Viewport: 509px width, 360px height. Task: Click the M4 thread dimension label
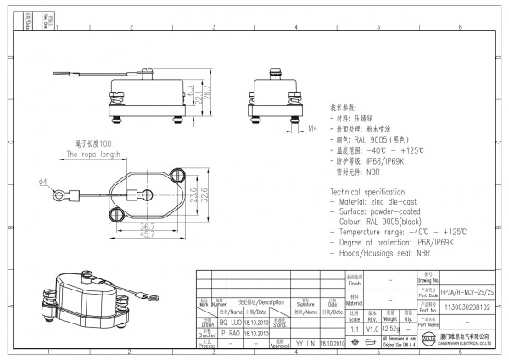[x=288, y=128]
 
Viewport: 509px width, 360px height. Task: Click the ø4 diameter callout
[x=42, y=182]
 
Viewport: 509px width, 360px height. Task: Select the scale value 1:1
[x=352, y=328]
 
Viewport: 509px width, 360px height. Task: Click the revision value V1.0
[x=372, y=328]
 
